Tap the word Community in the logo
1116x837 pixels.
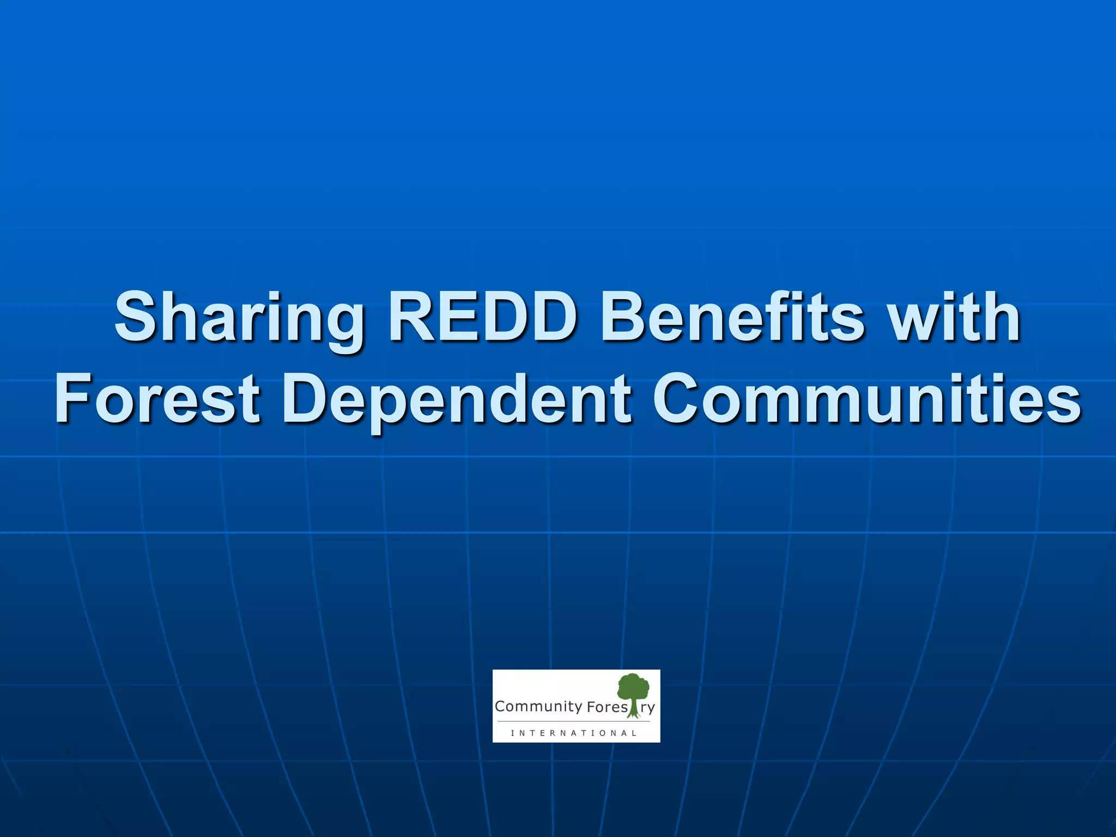click(x=538, y=707)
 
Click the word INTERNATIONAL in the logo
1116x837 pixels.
click(x=574, y=733)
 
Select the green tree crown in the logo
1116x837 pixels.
click(x=633, y=687)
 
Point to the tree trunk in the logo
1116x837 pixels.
click(x=633, y=708)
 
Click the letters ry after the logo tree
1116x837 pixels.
click(x=647, y=708)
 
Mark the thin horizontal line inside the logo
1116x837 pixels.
click(x=574, y=721)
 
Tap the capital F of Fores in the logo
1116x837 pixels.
click(x=591, y=707)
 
